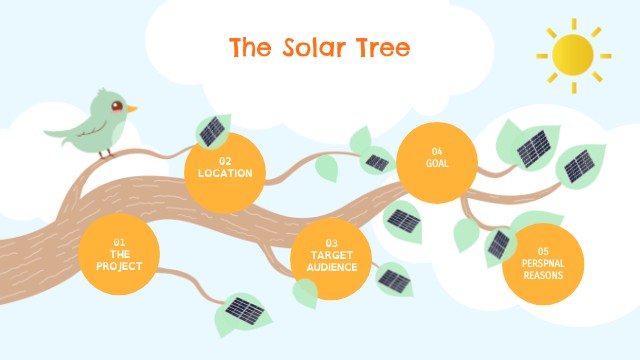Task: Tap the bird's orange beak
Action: [131, 107]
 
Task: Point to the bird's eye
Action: [117, 105]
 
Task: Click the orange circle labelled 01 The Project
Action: [120, 254]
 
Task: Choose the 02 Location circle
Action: [225, 171]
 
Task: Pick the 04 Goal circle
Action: [436, 160]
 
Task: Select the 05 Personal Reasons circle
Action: [542, 263]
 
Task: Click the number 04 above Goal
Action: [437, 151]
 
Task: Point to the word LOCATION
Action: [225, 173]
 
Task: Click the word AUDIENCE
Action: [332, 266]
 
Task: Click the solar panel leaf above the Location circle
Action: [212, 131]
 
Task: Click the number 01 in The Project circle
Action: [119, 242]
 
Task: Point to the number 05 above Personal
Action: [543, 251]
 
